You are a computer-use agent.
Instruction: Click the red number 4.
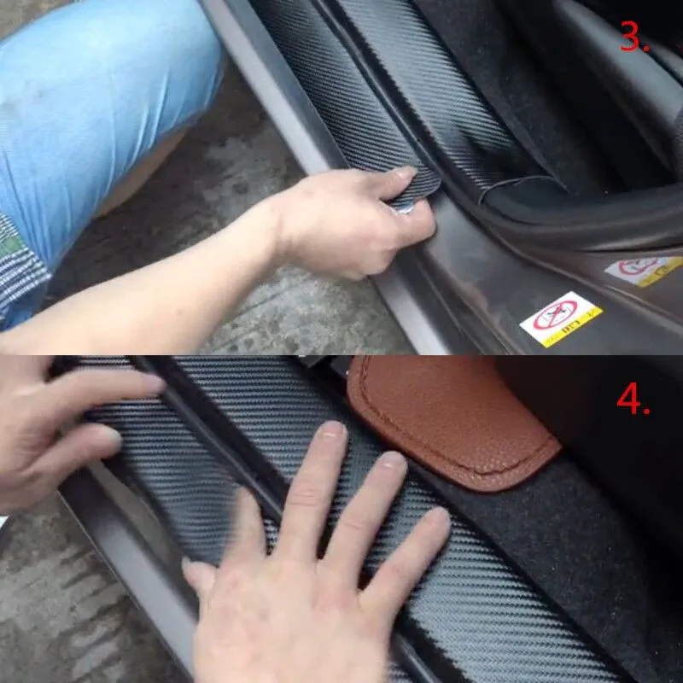[x=633, y=399]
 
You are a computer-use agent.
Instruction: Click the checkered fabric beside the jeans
[x=21, y=265]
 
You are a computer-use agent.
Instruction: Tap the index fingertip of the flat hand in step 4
[x=330, y=433]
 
